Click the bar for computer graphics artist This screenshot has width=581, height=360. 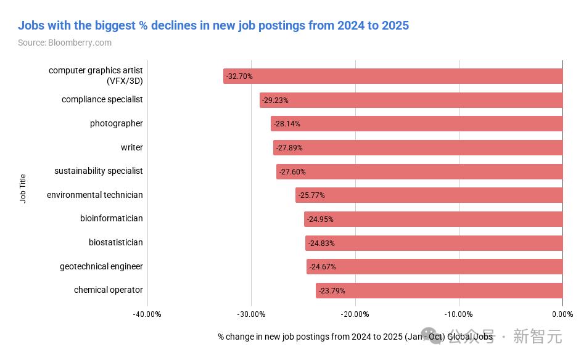[393, 76]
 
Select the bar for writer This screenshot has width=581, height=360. [418, 148]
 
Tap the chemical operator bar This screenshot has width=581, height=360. [439, 290]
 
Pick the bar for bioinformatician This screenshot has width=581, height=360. [433, 219]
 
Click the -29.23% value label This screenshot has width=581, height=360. [275, 100]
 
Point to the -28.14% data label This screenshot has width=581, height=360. [287, 124]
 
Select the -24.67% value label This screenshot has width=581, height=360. [323, 267]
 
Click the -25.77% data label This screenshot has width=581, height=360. [311, 195]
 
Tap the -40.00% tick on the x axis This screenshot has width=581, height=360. [147, 314]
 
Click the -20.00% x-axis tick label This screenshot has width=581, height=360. [355, 314]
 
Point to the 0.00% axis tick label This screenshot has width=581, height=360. [562, 314]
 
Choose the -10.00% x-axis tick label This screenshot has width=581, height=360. [459, 314]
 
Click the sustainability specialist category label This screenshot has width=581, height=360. [99, 171]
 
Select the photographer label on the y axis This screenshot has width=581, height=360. [117, 123]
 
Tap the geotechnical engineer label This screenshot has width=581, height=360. [101, 266]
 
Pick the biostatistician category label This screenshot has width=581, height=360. [116, 242]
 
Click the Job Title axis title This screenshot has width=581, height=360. [23, 189]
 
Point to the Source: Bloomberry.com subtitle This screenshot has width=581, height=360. [65, 43]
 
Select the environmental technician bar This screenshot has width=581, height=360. [429, 195]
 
